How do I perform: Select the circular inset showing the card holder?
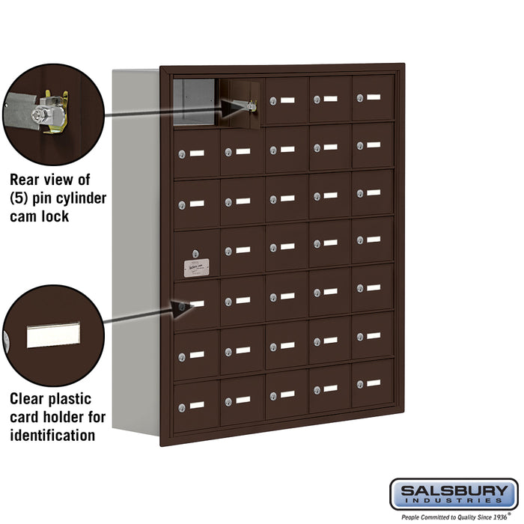52,335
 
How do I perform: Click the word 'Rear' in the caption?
28,180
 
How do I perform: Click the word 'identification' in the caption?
52,435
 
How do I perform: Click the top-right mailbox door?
372,98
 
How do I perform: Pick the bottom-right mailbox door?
372,383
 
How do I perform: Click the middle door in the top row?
286,100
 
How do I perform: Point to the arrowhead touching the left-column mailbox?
180,306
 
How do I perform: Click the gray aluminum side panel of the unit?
135,247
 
